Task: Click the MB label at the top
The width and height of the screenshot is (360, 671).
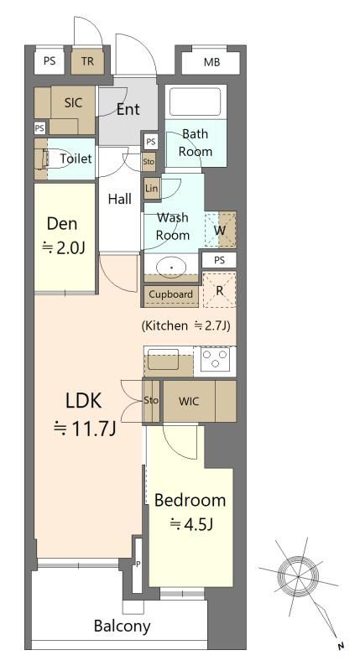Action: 211,62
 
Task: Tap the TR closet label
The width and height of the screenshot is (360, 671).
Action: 87,61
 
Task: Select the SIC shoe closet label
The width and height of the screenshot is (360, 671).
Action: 73,102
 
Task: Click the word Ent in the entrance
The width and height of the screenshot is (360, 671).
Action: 128,110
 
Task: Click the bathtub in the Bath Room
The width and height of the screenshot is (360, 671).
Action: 196,102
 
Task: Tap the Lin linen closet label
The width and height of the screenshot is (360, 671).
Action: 152,188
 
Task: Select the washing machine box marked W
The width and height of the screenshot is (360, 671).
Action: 220,229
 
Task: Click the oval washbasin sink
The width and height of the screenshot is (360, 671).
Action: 172,268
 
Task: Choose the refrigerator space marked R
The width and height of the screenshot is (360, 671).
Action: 220,290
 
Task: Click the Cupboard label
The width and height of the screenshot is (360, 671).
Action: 171,294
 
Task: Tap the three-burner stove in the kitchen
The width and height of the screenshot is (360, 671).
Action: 216,359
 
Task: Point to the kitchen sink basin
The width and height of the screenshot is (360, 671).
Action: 163,359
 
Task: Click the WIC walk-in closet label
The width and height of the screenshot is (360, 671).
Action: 189,402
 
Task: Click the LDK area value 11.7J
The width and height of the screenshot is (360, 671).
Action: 84,429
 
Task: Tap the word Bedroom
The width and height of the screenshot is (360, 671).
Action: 190,500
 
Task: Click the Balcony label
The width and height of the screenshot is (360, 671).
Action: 122,627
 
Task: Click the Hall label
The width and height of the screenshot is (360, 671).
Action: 120,199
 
